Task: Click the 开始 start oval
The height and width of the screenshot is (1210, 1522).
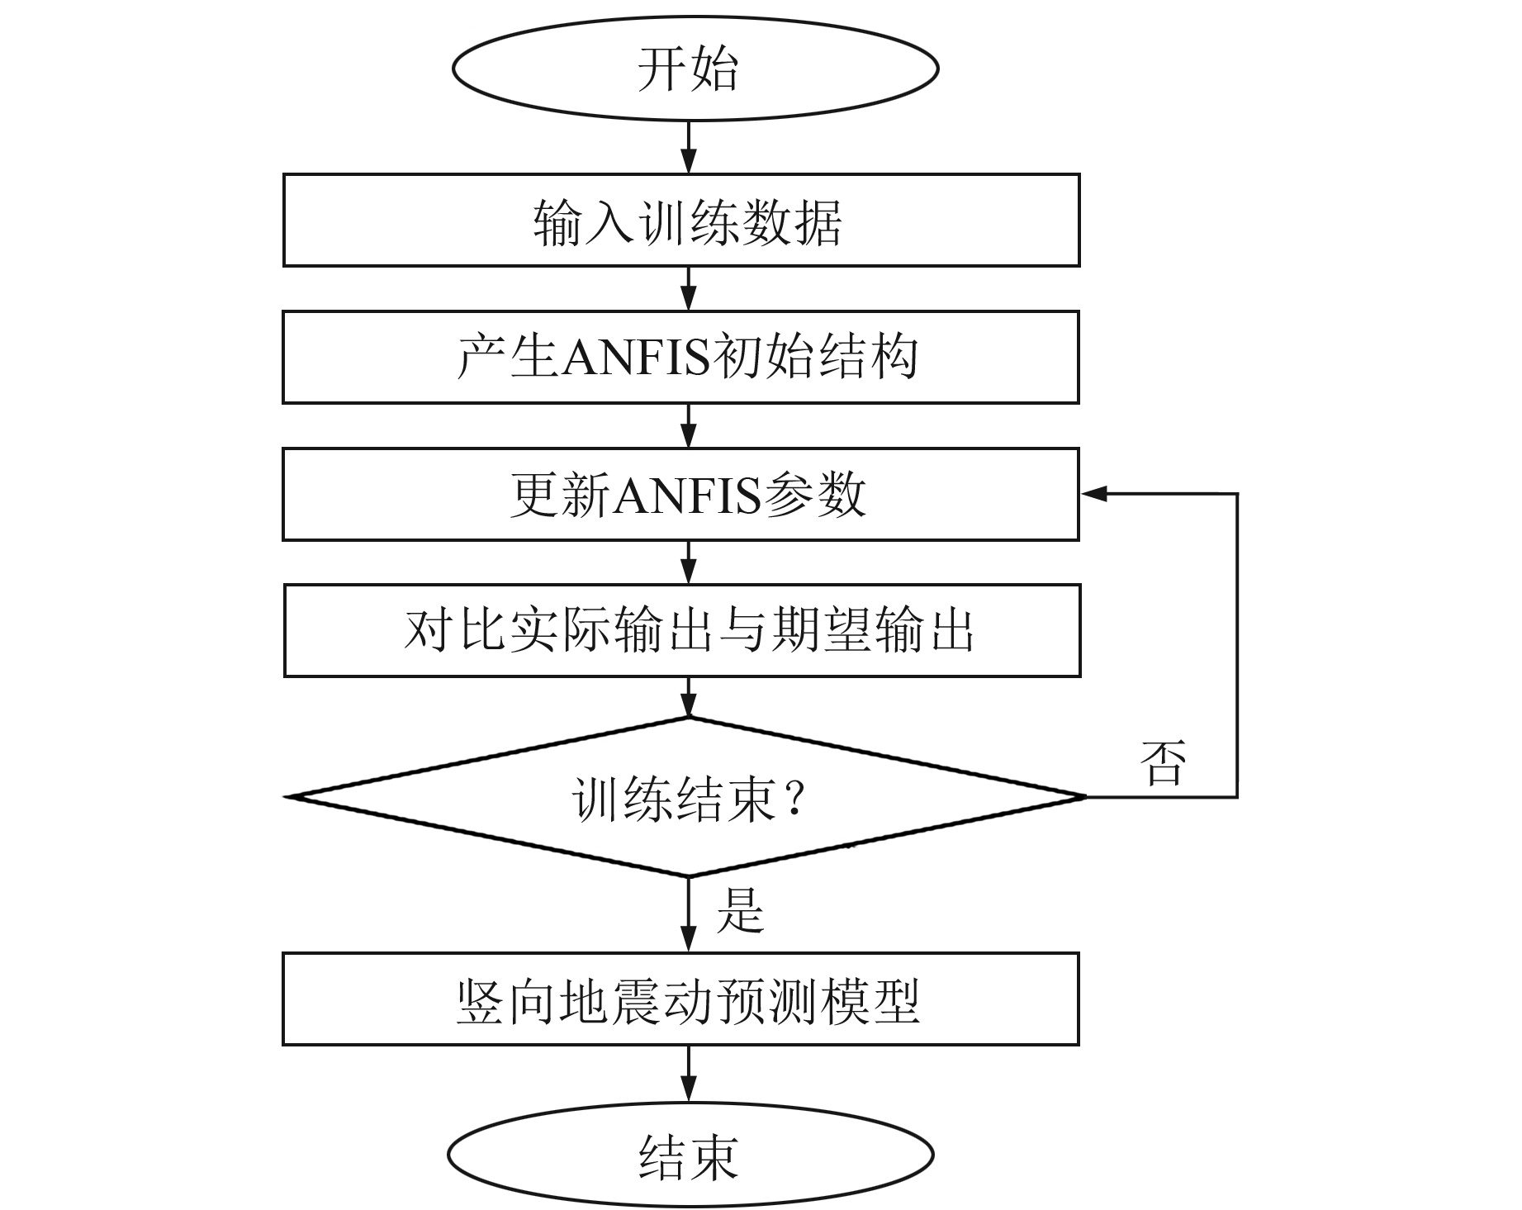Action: click(x=695, y=69)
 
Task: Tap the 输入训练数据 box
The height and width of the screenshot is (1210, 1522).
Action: click(x=681, y=221)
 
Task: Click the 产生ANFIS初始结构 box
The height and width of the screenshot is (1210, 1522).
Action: click(x=681, y=357)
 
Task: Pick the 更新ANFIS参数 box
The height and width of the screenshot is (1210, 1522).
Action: click(x=681, y=494)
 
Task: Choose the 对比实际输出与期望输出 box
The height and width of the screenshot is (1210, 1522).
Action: click(x=682, y=631)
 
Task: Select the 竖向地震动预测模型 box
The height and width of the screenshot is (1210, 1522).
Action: click(x=681, y=999)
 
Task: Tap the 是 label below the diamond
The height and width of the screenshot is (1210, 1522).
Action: click(x=740, y=910)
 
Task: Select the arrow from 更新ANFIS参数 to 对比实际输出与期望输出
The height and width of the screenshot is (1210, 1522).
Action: click(x=688, y=563)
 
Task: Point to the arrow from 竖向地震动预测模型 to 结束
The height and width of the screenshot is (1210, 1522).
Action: click(x=688, y=1074)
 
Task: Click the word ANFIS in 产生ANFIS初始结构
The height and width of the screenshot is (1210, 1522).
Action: click(x=636, y=358)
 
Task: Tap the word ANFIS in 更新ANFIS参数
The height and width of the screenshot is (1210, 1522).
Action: click(x=687, y=496)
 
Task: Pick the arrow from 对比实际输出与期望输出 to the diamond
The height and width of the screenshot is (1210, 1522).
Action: click(x=688, y=698)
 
